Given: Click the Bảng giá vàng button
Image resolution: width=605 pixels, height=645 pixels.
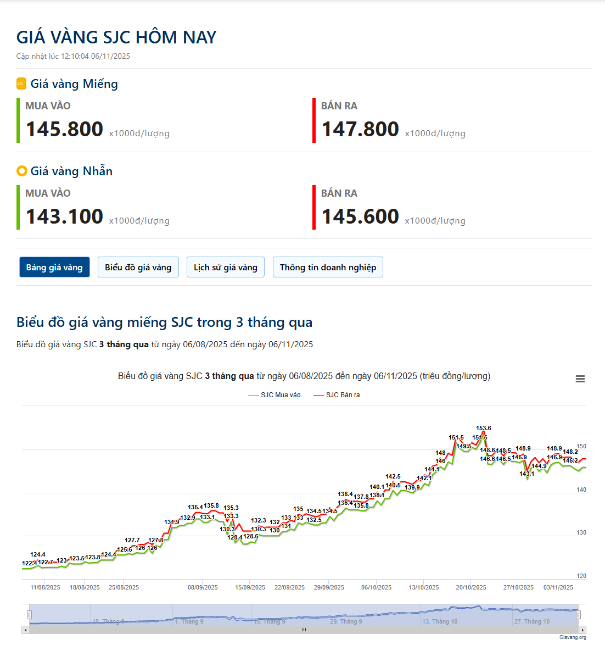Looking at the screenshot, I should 54,267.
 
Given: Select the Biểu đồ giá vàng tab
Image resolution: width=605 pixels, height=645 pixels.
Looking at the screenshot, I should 138,267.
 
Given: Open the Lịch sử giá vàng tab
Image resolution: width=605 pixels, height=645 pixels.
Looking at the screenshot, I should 225,267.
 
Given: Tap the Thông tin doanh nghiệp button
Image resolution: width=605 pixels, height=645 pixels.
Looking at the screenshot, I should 328,267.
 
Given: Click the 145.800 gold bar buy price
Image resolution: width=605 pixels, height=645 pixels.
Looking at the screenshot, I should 65,129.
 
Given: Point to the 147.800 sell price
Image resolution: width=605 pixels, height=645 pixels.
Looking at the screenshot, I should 360,129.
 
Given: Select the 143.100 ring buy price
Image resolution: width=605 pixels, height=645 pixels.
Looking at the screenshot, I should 65,216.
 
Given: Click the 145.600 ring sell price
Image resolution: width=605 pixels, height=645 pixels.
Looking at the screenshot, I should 360,216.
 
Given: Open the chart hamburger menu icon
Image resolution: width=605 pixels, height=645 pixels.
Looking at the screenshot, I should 580,379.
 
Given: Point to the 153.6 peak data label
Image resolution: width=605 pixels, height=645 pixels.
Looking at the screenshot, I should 484,428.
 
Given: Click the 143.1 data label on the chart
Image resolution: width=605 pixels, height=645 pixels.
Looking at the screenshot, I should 526,474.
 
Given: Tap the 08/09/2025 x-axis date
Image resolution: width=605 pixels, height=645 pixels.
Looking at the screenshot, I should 203,587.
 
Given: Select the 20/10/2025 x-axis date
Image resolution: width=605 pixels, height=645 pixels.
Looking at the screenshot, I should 471,587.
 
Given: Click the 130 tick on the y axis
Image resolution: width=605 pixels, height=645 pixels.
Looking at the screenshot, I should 581,532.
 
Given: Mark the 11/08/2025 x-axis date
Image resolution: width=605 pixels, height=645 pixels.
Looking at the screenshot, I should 46,587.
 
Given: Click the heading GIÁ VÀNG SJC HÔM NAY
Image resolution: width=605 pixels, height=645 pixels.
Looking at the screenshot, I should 116,37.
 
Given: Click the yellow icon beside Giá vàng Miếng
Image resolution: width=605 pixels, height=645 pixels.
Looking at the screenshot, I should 21,84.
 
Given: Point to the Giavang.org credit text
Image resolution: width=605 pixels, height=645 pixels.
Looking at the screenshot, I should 573,637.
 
